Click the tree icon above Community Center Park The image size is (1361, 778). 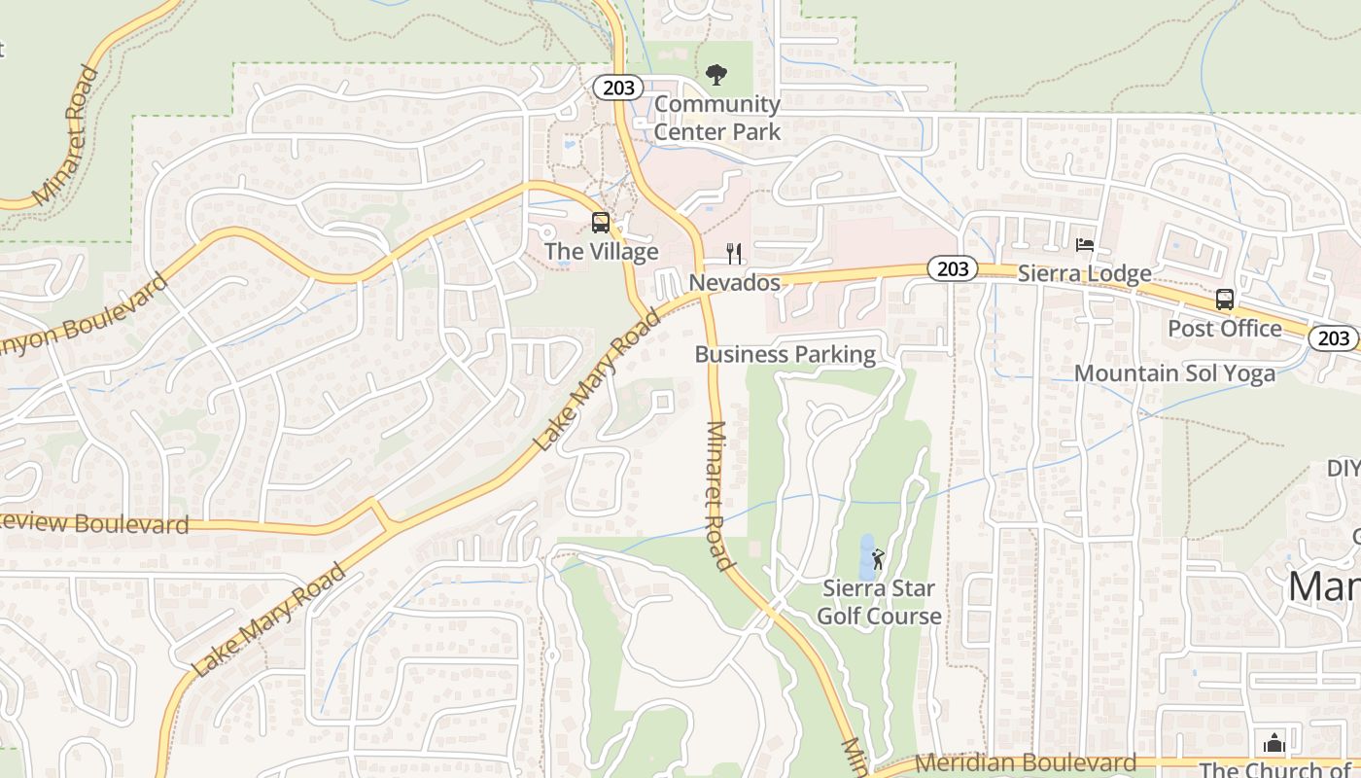(x=716, y=74)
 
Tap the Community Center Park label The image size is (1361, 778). (x=717, y=118)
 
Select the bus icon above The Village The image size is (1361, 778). (x=601, y=223)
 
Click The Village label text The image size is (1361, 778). (x=601, y=252)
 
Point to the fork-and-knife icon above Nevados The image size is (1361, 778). (x=735, y=254)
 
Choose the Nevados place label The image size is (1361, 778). (x=735, y=283)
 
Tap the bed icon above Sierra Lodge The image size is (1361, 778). (x=1085, y=245)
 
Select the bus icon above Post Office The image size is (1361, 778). (x=1225, y=300)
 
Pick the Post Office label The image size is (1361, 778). (x=1225, y=329)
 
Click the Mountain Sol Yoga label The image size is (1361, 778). (x=1174, y=374)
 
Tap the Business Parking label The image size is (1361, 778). (x=785, y=355)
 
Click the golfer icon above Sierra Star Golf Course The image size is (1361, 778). (x=879, y=559)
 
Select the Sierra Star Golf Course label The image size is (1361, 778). (x=879, y=602)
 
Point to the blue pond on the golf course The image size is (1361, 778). (x=867, y=556)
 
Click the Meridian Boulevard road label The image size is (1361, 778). (x=1026, y=763)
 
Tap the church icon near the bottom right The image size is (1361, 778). (x=1274, y=744)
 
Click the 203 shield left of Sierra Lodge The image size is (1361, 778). (x=951, y=269)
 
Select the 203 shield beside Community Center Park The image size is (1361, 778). (x=618, y=88)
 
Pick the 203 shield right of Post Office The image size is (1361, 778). (x=1334, y=337)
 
